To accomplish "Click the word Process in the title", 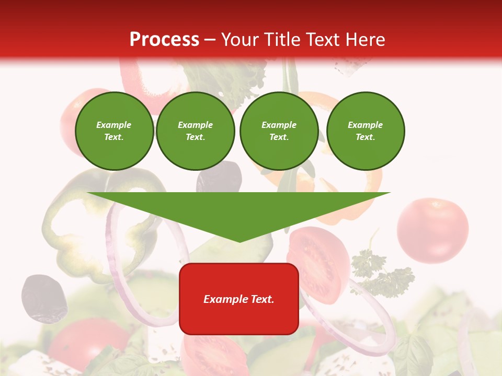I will click(x=164, y=40).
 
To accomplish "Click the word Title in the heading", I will click(x=281, y=40).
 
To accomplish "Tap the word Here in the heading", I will click(x=363, y=40).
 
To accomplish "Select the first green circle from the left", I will click(x=114, y=131).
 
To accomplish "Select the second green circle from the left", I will click(x=195, y=131).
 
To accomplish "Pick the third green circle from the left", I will click(x=279, y=131).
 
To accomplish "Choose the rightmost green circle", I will click(x=365, y=131).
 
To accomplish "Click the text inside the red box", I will click(x=239, y=299).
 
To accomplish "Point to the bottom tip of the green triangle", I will click(x=239, y=241).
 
